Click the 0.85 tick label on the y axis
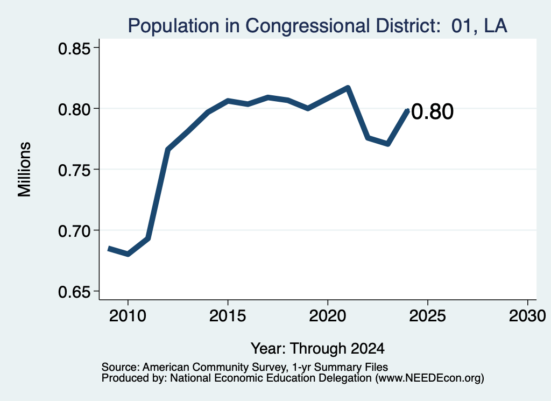[74, 49]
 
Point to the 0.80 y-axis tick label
[74, 109]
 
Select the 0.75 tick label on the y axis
[74, 171]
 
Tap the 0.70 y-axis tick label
[74, 231]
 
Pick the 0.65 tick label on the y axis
[74, 292]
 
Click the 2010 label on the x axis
[128, 316]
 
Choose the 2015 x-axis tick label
[228, 316]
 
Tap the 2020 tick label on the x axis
[328, 316]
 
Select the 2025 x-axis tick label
[428, 316]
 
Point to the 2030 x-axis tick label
[527, 316]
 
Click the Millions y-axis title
[25, 170]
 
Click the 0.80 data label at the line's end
[432, 112]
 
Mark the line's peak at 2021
[348, 88]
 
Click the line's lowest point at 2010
[128, 254]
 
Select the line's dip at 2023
[388, 144]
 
